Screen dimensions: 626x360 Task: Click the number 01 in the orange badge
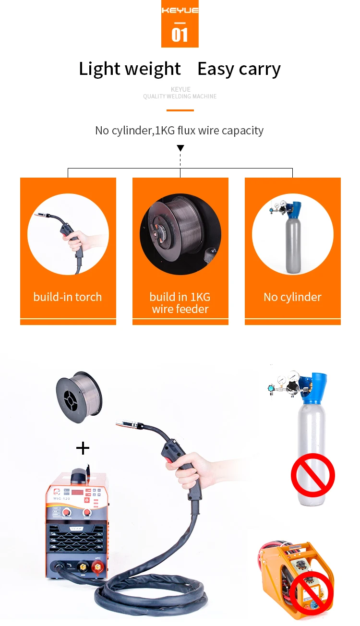180,35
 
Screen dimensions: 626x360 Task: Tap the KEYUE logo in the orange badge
180,10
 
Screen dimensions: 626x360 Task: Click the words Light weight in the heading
130,69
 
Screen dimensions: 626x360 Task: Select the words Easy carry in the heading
239,69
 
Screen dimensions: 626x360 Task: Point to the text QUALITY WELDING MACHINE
180,96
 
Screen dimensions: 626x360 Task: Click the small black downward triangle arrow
180,148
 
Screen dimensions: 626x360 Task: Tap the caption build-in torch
68,297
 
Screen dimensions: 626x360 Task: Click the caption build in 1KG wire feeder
180,303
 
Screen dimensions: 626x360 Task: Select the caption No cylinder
292,297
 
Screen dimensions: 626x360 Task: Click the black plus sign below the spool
83,448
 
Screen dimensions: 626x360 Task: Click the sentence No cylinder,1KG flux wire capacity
180,131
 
